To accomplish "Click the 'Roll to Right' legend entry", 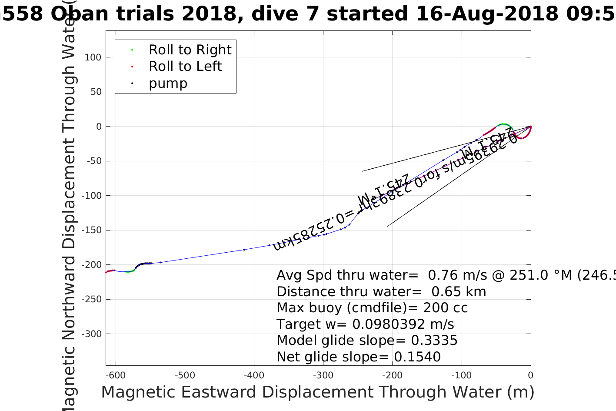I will coord(190,50).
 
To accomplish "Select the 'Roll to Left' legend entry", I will coord(185,67).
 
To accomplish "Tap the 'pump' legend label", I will coord(168,84).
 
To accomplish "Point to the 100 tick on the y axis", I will coord(93,57).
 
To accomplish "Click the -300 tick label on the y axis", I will coord(91,334).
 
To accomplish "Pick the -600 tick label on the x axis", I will coord(116,375).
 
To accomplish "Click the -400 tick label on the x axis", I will coord(254,375).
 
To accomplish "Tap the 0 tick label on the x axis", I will coord(530,375).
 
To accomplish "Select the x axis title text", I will coord(317,392).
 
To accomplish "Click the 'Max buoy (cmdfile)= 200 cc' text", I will coord(372,308).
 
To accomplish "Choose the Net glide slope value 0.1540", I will coord(417,357).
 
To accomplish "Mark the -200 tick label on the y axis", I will coord(91,265).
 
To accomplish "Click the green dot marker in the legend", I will coord(132,50).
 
